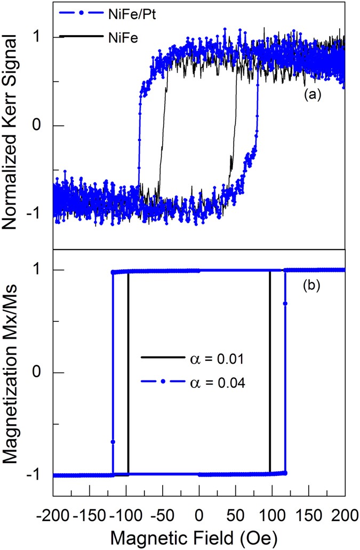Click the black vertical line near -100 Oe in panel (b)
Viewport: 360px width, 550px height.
128,373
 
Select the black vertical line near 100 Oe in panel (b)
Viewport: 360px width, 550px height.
270,373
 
